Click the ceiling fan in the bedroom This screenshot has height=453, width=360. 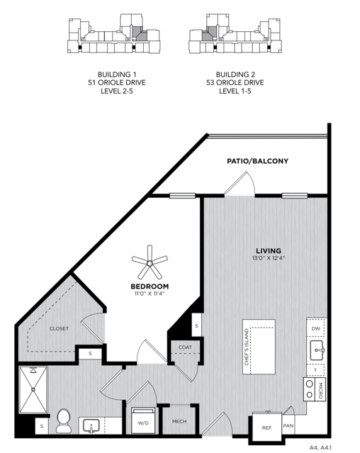point(150,262)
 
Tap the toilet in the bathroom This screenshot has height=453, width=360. point(64,421)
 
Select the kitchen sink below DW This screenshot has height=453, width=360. point(317,350)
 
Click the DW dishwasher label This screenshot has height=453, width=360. point(316,328)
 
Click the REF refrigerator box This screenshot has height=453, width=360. point(266,427)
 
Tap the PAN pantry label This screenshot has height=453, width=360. point(288,425)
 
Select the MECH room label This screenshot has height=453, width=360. point(179,422)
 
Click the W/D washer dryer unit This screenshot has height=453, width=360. point(143,420)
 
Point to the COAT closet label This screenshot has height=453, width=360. point(185,347)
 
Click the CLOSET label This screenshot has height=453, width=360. point(59,328)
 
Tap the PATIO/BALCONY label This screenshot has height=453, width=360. point(257,161)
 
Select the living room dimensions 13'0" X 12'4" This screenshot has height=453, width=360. point(269,258)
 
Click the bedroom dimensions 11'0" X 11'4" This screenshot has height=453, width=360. point(150,293)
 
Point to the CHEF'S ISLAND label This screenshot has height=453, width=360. point(247,347)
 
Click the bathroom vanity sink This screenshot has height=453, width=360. point(91,426)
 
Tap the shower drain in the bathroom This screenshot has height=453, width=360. point(33,389)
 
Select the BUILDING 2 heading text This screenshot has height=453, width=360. point(235,74)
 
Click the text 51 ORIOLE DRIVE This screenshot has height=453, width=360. point(117,83)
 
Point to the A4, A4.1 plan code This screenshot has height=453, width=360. point(320,448)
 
